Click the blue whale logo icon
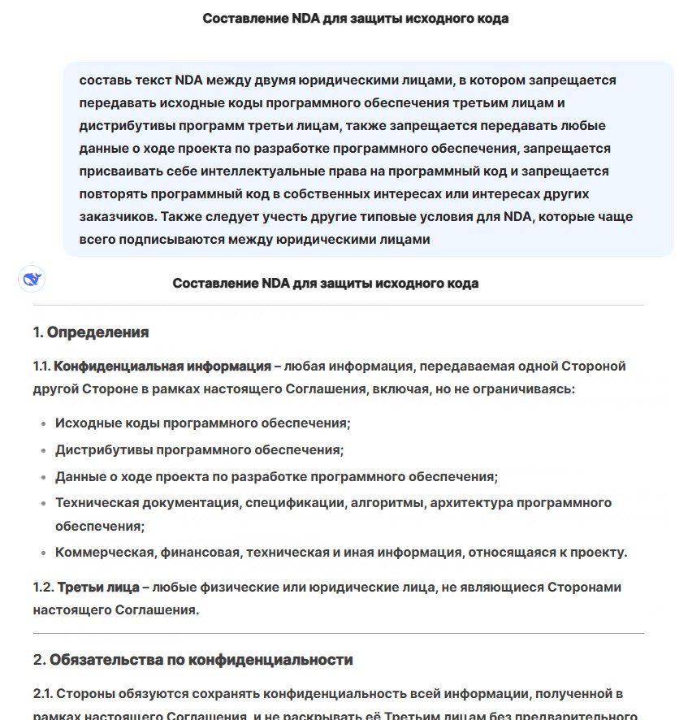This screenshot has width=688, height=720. tap(32, 279)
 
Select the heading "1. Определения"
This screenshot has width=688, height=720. tap(91, 332)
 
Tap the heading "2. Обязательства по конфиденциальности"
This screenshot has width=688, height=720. tap(193, 659)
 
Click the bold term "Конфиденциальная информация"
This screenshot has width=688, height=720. tap(162, 366)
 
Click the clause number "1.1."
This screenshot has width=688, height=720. tap(42, 366)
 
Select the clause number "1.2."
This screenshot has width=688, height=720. tap(44, 587)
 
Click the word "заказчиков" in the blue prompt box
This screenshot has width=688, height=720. tap(118, 217)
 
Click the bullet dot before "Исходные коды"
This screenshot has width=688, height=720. tap(42, 423)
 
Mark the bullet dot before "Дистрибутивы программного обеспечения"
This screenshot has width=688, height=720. tap(42, 450)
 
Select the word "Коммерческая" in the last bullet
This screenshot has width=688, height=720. tap(105, 553)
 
